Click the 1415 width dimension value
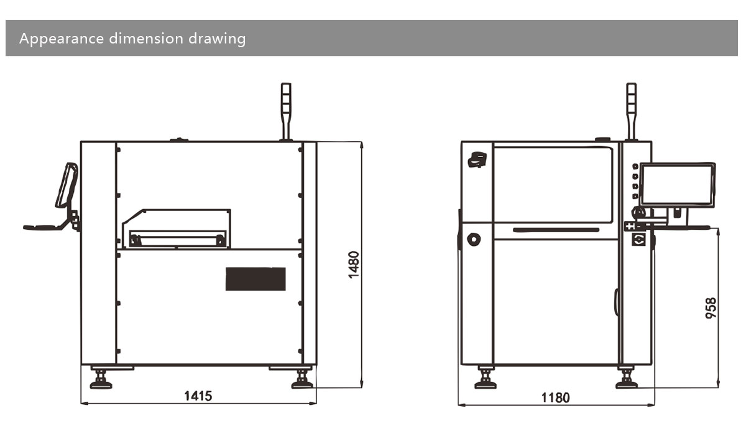(x=198, y=396)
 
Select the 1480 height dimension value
(x=354, y=265)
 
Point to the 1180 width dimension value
(x=555, y=397)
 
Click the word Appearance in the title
(x=62, y=39)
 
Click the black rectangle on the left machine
(x=256, y=279)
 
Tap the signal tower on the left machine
(x=286, y=112)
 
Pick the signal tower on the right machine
(x=632, y=112)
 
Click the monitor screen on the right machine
(x=678, y=184)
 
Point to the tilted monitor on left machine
(x=66, y=185)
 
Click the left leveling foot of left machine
(x=101, y=378)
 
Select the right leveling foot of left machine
(x=302, y=378)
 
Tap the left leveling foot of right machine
(x=485, y=378)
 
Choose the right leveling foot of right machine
(x=627, y=378)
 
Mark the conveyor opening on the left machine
(x=176, y=237)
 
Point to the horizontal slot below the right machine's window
(x=556, y=230)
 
